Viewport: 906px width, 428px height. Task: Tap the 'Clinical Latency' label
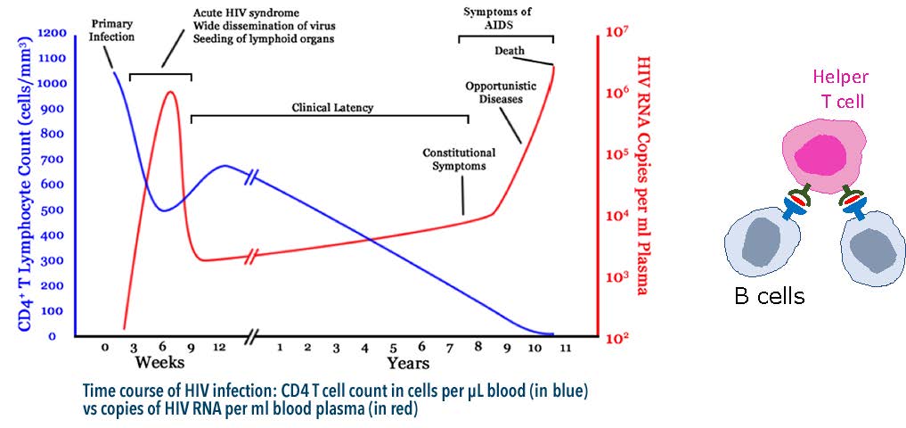(x=332, y=108)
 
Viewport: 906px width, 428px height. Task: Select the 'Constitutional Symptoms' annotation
(x=459, y=160)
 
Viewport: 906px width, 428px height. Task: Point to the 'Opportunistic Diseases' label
(x=494, y=92)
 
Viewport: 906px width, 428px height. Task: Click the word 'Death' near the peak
(x=509, y=50)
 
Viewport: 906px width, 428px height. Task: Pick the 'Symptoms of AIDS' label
(x=504, y=19)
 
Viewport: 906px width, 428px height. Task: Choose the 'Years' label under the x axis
(x=408, y=363)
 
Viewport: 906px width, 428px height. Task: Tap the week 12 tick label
(x=218, y=346)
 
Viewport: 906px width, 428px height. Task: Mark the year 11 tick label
(x=563, y=346)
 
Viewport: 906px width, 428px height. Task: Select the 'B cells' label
(x=769, y=296)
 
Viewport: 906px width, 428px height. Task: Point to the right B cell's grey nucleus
(x=872, y=250)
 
